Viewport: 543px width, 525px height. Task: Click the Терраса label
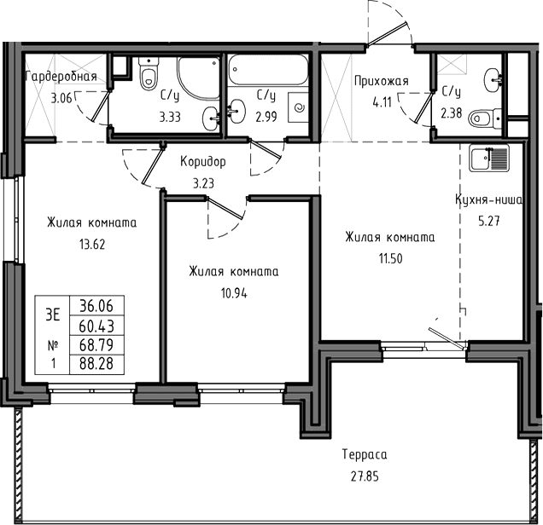coord(365,454)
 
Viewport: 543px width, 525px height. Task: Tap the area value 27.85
coord(365,477)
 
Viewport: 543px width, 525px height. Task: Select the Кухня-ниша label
coord(488,199)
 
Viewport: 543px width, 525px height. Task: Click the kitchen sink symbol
coord(489,158)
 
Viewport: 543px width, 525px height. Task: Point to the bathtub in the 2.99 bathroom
coord(268,69)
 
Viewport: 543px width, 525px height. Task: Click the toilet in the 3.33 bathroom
coord(149,73)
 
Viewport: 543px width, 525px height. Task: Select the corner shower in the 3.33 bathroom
coord(198,78)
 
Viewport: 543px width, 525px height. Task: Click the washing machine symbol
coord(298,107)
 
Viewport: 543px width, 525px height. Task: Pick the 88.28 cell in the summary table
coord(96,364)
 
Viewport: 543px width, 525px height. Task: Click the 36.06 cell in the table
coord(96,305)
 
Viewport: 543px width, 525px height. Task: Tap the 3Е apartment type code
coord(53,314)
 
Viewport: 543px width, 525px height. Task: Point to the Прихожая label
coord(382,81)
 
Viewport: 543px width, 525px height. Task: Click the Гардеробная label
coord(61,76)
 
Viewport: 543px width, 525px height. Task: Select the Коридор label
coord(203,162)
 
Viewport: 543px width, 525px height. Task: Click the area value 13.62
coord(92,245)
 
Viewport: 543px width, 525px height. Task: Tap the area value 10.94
coord(234,294)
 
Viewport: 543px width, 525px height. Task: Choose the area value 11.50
coord(390,259)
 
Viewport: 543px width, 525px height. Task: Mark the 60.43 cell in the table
coord(96,326)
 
